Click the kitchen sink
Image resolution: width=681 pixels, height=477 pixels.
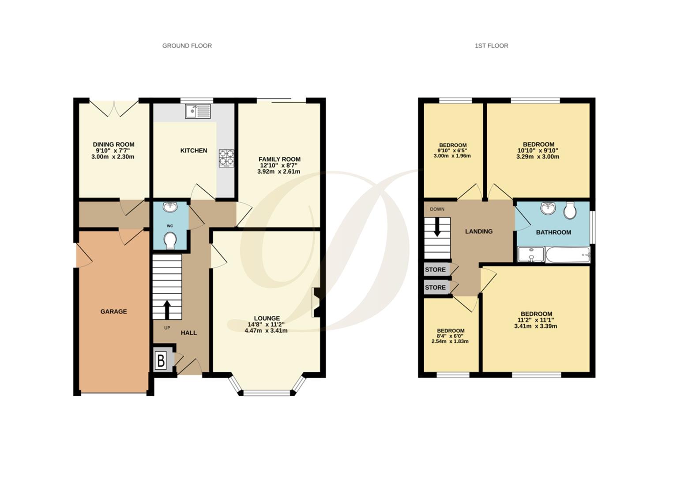tap(199, 111)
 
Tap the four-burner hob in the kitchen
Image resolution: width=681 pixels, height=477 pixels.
tap(226, 158)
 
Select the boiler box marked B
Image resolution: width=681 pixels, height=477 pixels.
tap(161, 361)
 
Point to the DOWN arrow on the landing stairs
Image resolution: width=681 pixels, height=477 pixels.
tap(437, 228)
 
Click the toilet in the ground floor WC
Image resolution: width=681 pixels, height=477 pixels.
tap(170, 241)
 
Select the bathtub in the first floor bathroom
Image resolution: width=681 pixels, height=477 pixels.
tap(568, 255)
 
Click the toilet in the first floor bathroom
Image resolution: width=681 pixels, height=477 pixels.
tap(570, 211)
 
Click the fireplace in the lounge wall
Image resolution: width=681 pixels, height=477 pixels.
tap(316, 303)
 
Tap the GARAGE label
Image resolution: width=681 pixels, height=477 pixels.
tap(113, 311)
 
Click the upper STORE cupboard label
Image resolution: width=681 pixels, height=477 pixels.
tap(435, 269)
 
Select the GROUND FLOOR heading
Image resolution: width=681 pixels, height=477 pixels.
tap(187, 45)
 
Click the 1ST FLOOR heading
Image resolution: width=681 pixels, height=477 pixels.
tap(491, 45)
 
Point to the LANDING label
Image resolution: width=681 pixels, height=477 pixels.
tap(479, 231)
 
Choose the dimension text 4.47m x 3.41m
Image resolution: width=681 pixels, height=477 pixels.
tap(266, 330)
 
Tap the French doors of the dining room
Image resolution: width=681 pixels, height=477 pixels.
tap(114, 108)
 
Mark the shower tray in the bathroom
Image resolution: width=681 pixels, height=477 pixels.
tap(531, 255)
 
